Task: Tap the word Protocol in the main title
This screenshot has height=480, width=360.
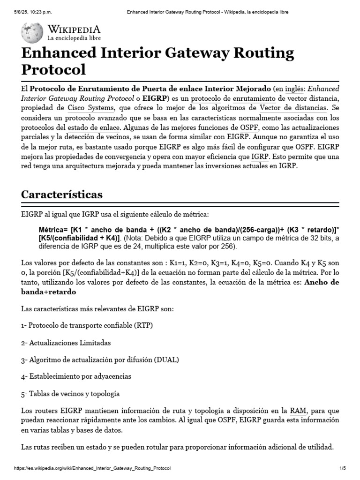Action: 54,69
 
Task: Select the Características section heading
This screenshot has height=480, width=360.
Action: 62,194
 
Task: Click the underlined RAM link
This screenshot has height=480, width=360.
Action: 298,411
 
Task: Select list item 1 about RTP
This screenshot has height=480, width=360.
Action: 87,325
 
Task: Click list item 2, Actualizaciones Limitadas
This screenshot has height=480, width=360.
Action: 66,343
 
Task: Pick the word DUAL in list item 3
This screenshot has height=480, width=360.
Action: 166,360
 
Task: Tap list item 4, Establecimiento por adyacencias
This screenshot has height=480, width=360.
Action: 76,376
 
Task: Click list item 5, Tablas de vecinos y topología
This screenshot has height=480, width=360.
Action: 71,393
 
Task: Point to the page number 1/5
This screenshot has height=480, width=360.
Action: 342,469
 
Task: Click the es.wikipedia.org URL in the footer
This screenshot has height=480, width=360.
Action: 92,469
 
